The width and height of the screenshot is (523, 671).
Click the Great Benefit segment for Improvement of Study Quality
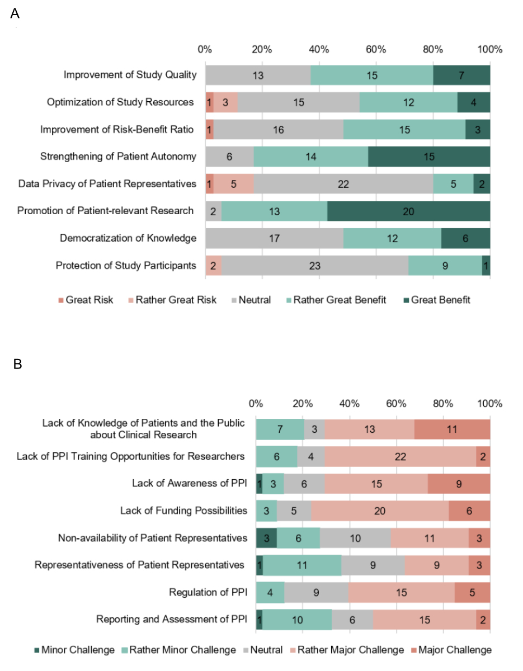click(x=461, y=75)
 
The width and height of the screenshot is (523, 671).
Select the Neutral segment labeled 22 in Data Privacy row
click(x=343, y=184)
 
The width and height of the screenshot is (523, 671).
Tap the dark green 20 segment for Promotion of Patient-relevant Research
click(x=408, y=211)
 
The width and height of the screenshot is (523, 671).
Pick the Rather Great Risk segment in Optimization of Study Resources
click(x=226, y=102)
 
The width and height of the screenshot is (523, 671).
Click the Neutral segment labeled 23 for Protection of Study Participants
click(x=315, y=266)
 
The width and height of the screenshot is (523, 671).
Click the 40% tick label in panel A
click(x=319, y=49)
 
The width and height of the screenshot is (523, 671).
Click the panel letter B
click(x=17, y=364)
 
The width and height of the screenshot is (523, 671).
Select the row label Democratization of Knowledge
click(x=128, y=238)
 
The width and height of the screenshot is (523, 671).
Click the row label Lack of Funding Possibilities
click(x=183, y=510)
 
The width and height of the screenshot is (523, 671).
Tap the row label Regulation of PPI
click(x=208, y=592)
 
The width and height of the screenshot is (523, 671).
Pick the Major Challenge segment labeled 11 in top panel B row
click(x=452, y=429)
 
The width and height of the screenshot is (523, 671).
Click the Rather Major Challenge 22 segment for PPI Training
click(x=400, y=456)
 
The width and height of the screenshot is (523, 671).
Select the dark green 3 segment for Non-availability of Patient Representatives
click(x=266, y=538)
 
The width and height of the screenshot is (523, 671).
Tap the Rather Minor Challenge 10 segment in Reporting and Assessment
click(x=297, y=619)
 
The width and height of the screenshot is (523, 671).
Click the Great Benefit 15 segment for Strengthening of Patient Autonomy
click(x=429, y=157)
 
